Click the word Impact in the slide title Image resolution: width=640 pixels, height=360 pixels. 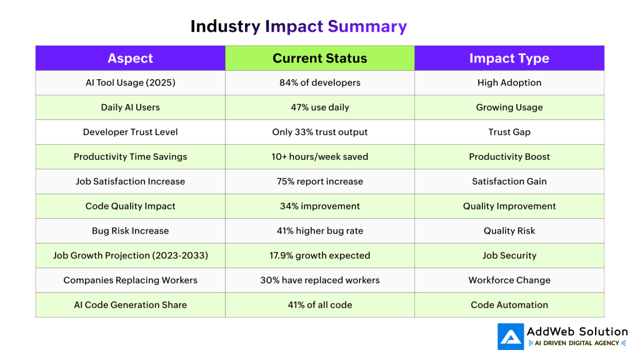click(x=294, y=26)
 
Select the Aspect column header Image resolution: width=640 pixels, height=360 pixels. click(x=130, y=58)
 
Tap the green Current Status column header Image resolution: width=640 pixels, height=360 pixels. click(x=319, y=58)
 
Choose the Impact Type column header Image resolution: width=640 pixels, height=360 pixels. click(x=509, y=58)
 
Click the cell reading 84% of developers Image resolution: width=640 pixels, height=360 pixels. click(x=319, y=82)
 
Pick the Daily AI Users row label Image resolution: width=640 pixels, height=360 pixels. click(x=130, y=107)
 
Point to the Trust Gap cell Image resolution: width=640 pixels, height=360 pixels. click(x=509, y=132)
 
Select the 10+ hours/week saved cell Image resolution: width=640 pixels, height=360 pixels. click(x=319, y=157)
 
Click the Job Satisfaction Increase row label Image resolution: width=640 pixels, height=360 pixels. click(x=130, y=181)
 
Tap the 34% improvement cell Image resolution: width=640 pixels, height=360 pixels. click(x=319, y=206)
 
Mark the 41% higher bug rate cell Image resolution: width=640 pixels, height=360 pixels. click(x=319, y=231)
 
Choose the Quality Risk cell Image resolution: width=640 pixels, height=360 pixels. click(x=509, y=231)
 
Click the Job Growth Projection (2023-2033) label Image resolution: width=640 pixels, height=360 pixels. click(x=130, y=256)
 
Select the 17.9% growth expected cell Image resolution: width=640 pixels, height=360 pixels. click(x=319, y=256)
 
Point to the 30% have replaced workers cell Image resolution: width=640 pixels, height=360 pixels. click(x=319, y=280)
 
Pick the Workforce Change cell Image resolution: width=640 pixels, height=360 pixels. click(x=509, y=280)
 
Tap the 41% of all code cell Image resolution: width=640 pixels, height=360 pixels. click(x=319, y=305)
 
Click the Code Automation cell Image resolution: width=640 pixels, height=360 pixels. click(x=509, y=305)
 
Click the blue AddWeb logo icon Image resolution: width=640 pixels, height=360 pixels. click(x=511, y=337)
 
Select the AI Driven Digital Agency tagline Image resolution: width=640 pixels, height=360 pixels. click(x=577, y=343)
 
